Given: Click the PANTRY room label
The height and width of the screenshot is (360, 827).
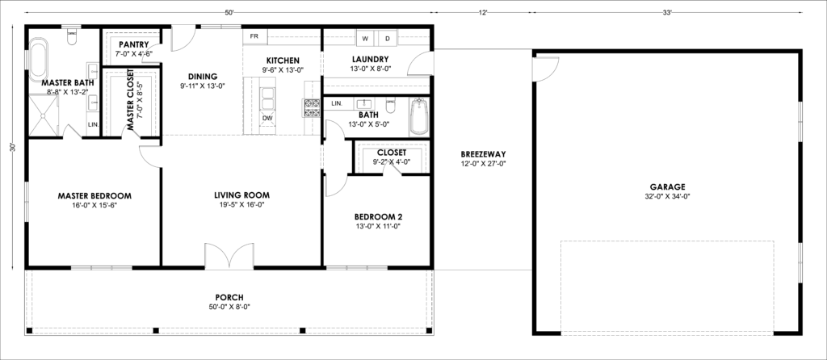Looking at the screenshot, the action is click(x=133, y=45).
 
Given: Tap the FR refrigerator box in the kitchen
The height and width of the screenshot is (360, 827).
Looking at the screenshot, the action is click(x=254, y=36).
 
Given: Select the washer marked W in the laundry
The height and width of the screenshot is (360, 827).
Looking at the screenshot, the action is click(x=365, y=38).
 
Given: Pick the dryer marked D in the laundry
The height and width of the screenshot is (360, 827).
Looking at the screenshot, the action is click(x=387, y=38).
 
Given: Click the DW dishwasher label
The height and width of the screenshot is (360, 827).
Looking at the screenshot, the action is click(x=268, y=118).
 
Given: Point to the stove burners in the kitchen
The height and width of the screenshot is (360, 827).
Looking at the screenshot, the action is click(x=312, y=108).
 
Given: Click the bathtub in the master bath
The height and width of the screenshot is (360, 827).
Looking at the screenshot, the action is click(x=38, y=59).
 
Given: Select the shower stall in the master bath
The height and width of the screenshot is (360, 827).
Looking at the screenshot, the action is click(x=44, y=115).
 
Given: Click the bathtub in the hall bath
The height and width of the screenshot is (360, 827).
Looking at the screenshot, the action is click(x=419, y=116).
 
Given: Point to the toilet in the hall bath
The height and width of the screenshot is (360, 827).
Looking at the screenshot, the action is click(x=391, y=106).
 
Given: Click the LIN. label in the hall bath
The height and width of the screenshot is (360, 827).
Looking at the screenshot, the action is click(x=338, y=103).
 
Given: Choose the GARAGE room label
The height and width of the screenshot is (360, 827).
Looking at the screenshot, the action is click(x=667, y=186).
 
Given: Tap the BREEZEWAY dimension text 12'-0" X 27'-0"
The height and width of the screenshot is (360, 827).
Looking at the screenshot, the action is click(x=483, y=163).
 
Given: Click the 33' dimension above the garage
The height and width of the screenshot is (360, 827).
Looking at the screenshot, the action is click(x=668, y=13).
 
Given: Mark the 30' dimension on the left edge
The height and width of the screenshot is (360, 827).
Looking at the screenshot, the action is click(x=13, y=148).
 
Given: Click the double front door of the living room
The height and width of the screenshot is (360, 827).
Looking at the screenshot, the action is click(x=229, y=256).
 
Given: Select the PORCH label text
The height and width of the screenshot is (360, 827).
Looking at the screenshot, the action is click(x=229, y=298).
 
